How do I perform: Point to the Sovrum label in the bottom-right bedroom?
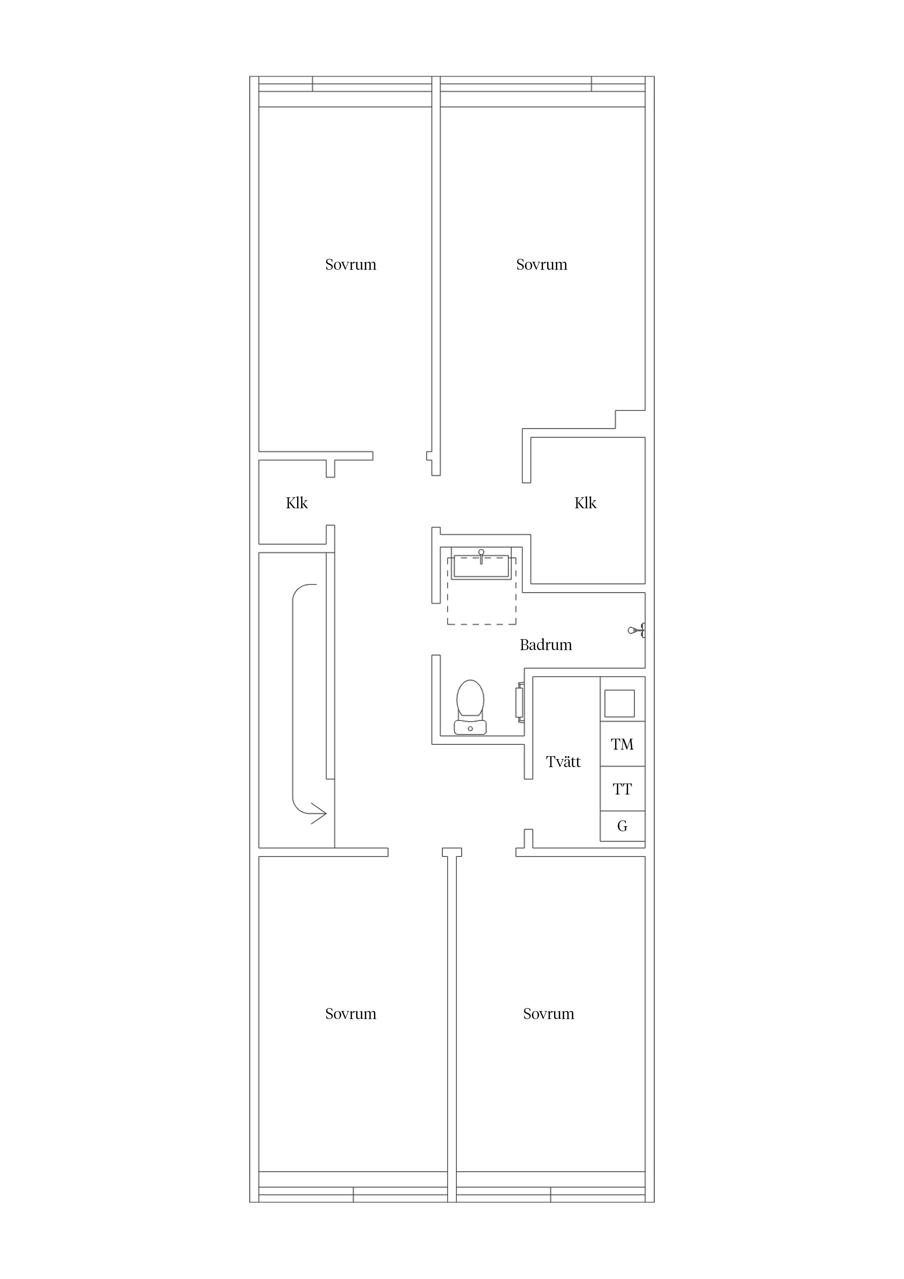[548, 1014]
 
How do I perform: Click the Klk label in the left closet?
[296, 503]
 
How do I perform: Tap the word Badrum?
[545, 645]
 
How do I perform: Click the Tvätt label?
[563, 762]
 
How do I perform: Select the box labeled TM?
[622, 744]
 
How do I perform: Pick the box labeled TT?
[622, 789]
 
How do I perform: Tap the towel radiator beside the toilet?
[520, 703]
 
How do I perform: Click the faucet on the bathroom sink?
[481, 556]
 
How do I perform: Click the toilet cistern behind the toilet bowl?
[470, 727]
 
